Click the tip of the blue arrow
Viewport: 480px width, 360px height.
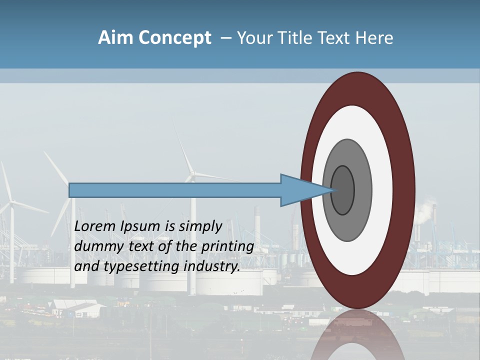(x=334, y=190)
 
